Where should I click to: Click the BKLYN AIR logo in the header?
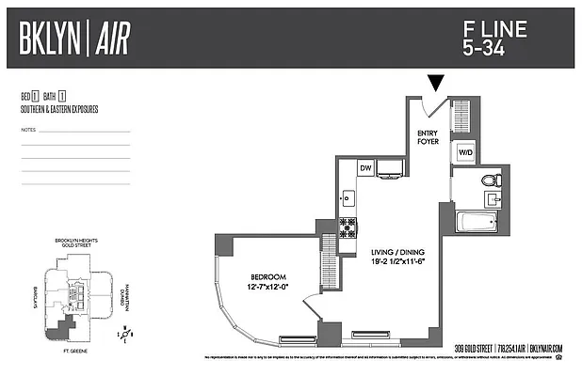click(x=74, y=38)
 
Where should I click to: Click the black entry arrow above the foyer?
click(x=436, y=84)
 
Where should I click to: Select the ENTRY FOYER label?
click(x=428, y=137)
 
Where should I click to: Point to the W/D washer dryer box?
click(x=464, y=152)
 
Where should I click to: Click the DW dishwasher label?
click(x=365, y=168)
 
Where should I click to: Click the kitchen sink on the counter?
click(x=348, y=197)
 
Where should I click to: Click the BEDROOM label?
click(x=268, y=276)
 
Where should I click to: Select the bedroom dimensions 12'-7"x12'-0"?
click(x=268, y=288)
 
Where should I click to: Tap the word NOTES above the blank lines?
click(x=27, y=129)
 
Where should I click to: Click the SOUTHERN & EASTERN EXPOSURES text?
click(x=58, y=109)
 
